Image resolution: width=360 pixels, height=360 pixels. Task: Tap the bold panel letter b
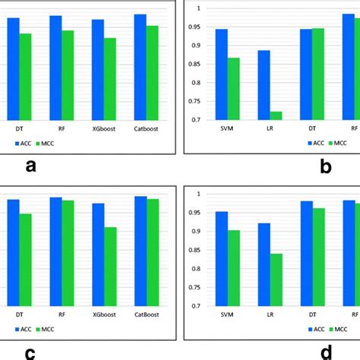tap(325, 168)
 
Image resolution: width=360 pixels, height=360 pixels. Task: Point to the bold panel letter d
tap(325, 352)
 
